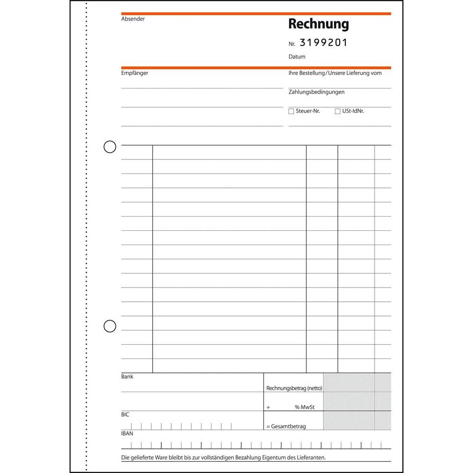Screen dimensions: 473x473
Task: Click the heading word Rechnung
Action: pos(318,24)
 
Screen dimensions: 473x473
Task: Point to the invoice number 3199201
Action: pos(324,43)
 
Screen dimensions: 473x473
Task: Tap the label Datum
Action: pos(297,57)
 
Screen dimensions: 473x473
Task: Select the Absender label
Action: pos(133,19)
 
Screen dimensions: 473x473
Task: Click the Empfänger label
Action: pos(134,73)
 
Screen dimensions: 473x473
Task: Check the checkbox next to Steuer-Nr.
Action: pos(291,112)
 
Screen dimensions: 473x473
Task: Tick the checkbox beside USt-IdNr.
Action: pos(337,112)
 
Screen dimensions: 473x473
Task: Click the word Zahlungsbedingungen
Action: pos(316,92)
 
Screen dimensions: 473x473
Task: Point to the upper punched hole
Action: pos(110,147)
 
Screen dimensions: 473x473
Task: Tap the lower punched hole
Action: pos(110,326)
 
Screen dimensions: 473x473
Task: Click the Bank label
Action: pos(127,377)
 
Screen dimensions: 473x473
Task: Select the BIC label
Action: pos(125,414)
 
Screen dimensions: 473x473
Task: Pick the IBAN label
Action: pos(127,433)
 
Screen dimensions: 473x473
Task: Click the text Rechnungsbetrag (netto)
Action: pos(294,388)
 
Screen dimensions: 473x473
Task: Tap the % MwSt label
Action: pos(304,407)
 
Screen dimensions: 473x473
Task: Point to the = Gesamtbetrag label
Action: pos(286,426)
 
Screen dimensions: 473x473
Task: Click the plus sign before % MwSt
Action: pos(268,407)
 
